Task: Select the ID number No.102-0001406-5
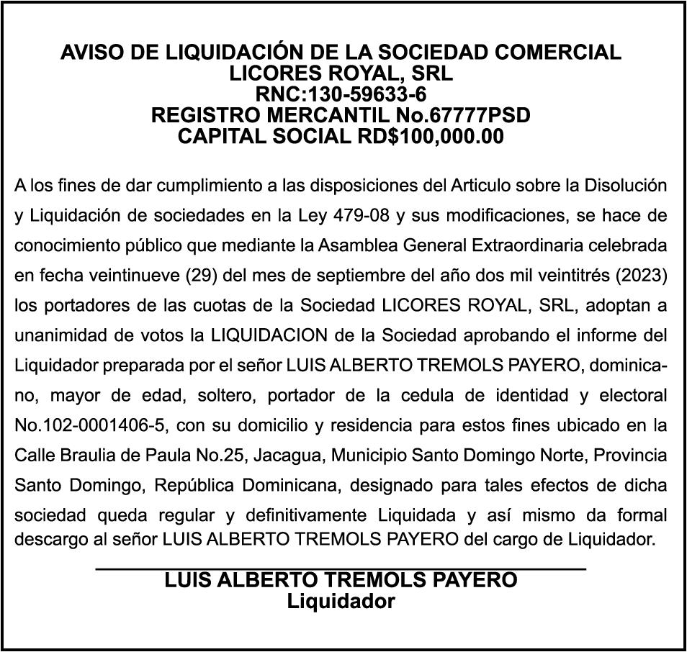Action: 91,426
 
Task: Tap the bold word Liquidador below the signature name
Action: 341,601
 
